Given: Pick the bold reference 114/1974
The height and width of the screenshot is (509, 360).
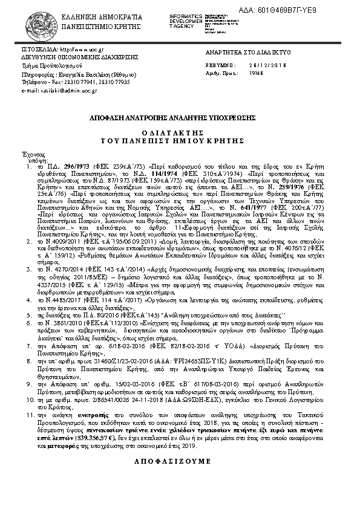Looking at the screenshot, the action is point(152,172).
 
